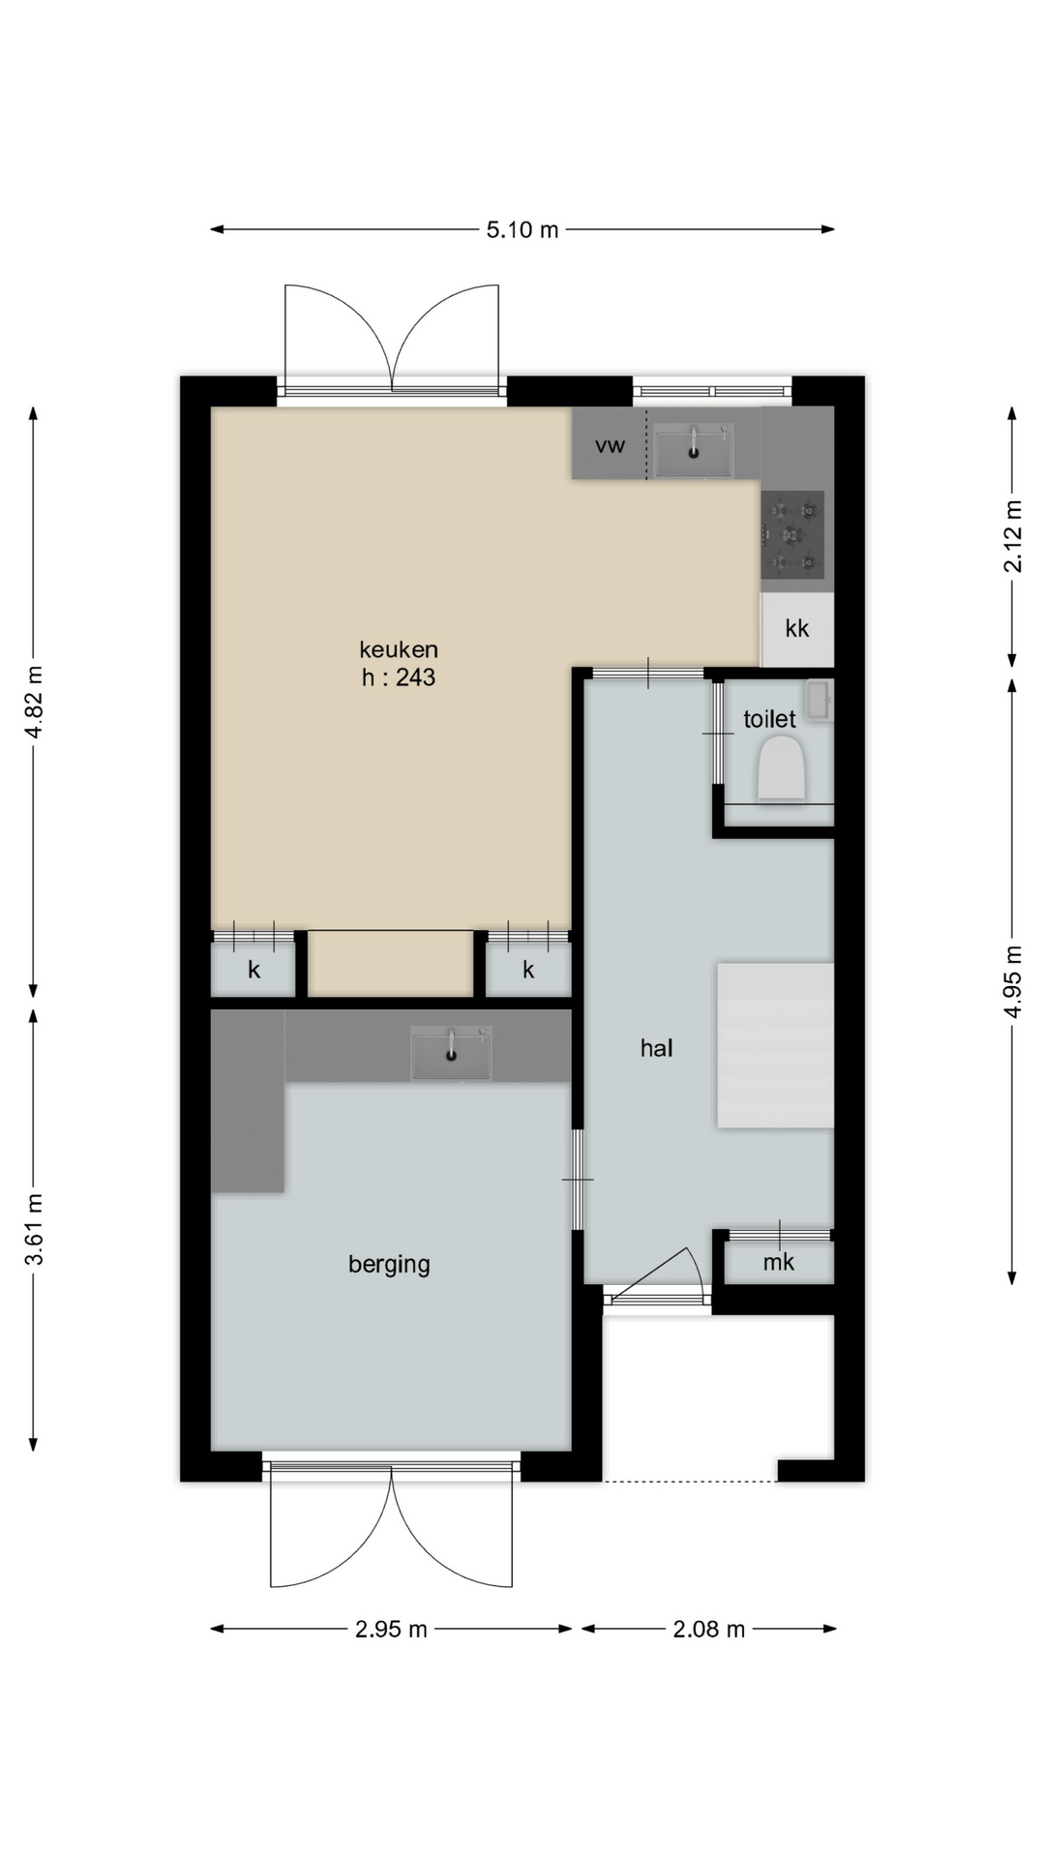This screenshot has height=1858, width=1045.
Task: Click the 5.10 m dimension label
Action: pyautogui.click(x=522, y=229)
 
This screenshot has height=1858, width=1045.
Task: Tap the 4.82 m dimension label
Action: pyautogui.click(x=34, y=703)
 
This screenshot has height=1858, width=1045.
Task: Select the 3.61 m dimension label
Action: pyautogui.click(x=34, y=1229)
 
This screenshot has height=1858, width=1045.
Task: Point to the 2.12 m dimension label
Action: pyautogui.click(x=1012, y=536)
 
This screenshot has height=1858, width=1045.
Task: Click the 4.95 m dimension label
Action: pyautogui.click(x=1012, y=980)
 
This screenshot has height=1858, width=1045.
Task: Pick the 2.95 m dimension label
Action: pyautogui.click(x=391, y=1629)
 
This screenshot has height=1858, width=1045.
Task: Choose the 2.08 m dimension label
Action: pyautogui.click(x=709, y=1629)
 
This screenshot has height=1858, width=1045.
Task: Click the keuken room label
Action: pyautogui.click(x=399, y=648)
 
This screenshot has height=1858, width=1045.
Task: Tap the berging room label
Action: pyautogui.click(x=389, y=1264)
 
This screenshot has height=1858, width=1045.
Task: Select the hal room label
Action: pyautogui.click(x=656, y=1047)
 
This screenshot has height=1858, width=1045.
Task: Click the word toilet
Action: pyautogui.click(x=769, y=719)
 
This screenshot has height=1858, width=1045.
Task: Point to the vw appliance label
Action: pyautogui.click(x=610, y=445)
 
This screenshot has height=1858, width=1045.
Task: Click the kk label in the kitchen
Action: pyautogui.click(x=797, y=628)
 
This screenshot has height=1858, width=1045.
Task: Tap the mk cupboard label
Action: pyautogui.click(x=779, y=1261)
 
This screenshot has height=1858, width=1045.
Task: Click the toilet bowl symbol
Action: pyautogui.click(x=782, y=768)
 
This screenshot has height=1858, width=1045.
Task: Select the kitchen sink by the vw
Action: pyautogui.click(x=694, y=451)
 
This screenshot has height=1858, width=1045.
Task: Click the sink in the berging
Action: pyautogui.click(x=451, y=1053)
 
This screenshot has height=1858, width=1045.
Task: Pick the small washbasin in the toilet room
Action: pyautogui.click(x=817, y=701)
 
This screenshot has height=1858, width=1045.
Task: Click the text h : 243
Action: pyautogui.click(x=399, y=677)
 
